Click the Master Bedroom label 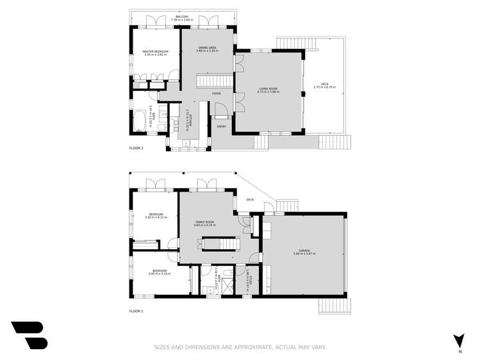coord(154,52)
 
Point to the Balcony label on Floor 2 coord(181,17)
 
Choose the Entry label coord(221,126)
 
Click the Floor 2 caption coord(137,148)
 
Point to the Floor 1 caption coord(137,311)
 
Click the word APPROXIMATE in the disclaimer coord(249,347)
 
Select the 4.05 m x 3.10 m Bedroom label coord(160,272)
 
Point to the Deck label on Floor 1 coord(250,199)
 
